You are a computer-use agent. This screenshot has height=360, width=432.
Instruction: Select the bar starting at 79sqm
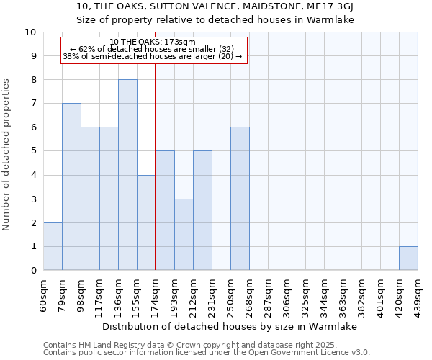click(x=71, y=186)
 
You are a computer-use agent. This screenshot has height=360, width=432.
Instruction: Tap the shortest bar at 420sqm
click(x=408, y=258)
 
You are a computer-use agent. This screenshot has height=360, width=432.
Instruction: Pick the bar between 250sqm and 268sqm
click(x=240, y=199)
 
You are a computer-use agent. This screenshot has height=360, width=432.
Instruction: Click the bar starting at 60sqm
click(x=53, y=246)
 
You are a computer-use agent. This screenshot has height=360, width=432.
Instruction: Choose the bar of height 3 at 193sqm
click(x=184, y=235)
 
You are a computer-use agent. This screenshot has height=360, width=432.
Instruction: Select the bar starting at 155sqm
click(x=146, y=222)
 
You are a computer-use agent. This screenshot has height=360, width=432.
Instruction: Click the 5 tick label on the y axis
click(x=33, y=151)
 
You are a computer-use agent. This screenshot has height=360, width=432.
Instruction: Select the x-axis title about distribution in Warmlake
click(x=230, y=326)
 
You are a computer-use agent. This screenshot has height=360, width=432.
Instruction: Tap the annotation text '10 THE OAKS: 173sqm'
click(x=153, y=42)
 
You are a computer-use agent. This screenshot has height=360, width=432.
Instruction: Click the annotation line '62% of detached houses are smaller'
click(x=153, y=49)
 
